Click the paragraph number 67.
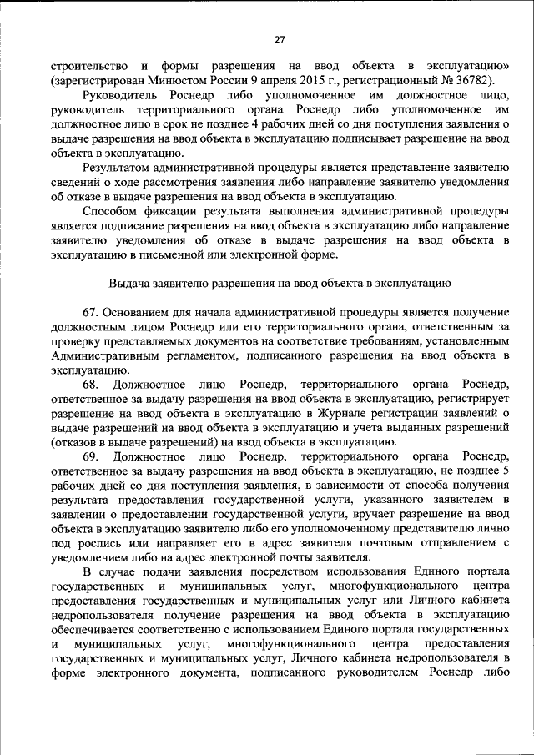pyautogui.click(x=92, y=311)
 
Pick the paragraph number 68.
pyautogui.click(x=92, y=383)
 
